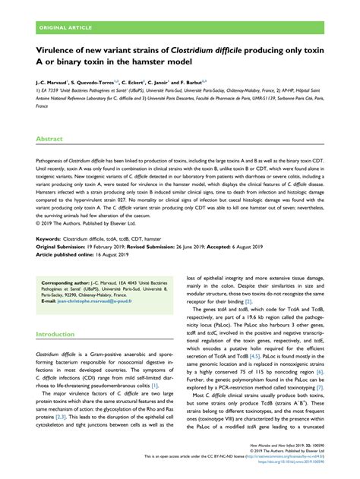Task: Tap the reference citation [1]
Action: tap(154, 385)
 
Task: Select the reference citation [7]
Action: tap(321, 387)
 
